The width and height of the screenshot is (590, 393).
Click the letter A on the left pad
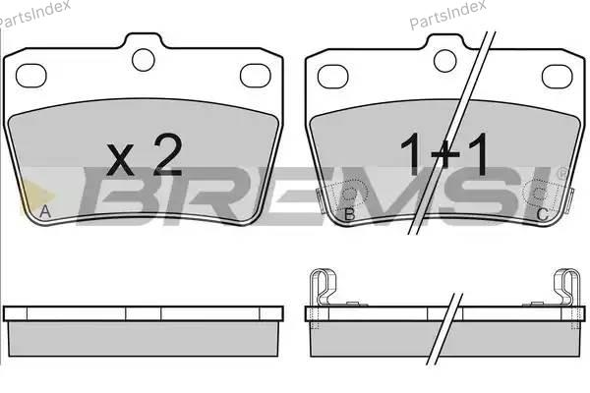click(45, 212)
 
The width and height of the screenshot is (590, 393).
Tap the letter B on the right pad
click(350, 214)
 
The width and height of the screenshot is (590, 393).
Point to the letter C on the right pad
click(542, 214)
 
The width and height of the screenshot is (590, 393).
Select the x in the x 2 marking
click(120, 160)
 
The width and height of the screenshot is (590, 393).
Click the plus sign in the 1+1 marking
click(444, 154)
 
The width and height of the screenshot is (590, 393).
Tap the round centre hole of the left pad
click(144, 60)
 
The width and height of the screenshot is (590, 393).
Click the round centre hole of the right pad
click(445, 61)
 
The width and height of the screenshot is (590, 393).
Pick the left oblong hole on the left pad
click(30, 76)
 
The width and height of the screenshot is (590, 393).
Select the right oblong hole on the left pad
click(256, 76)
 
